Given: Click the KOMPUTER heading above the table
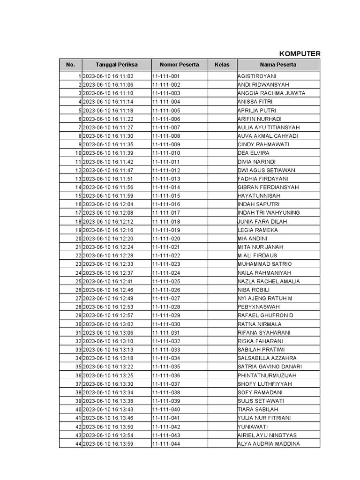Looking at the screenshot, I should pos(300,53).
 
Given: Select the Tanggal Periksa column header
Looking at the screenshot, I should pos(116,65).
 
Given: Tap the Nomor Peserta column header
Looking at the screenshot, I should pos(179,65).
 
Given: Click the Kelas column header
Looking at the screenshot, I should pos(222,65).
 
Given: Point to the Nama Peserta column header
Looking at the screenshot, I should pos(278,65).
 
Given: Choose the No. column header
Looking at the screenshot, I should pos(70,65).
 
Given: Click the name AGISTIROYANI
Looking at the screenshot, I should pos(257,76).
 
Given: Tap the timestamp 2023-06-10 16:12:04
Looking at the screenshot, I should pos(108,204).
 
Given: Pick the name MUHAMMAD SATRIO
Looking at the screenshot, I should pos(264,264).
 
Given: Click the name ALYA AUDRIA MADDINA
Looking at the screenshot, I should pos(269,444).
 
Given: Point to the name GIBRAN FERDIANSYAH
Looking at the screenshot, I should pos(268,187).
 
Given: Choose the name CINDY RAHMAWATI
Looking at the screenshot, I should pos(263,144).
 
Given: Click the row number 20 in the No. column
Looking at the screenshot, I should pos(78,239).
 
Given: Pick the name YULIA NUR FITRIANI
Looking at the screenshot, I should pos(264,418).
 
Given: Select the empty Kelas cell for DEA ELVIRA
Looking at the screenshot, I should pos(222,153).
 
